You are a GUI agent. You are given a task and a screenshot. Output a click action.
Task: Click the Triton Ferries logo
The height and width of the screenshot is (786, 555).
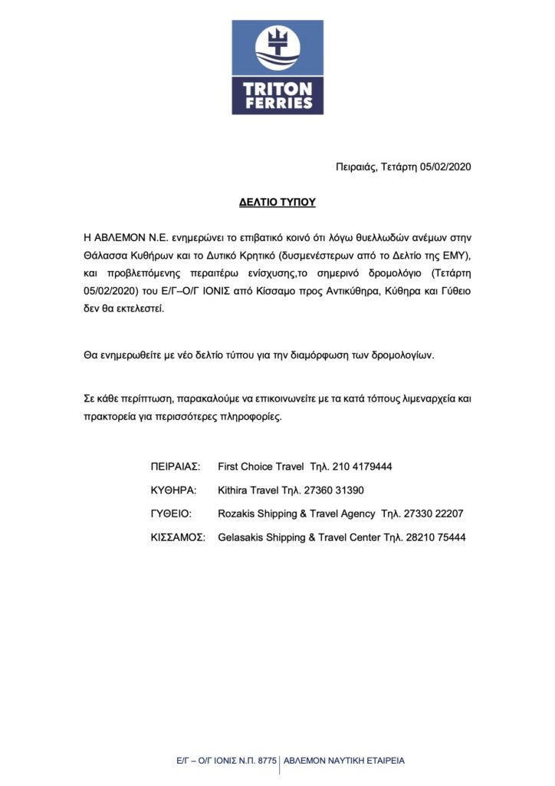[277, 68]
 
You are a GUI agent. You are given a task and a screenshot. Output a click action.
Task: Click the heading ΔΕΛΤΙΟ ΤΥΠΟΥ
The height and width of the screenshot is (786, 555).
[277, 203]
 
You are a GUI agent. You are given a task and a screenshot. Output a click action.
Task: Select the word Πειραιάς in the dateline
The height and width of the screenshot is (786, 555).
[356, 167]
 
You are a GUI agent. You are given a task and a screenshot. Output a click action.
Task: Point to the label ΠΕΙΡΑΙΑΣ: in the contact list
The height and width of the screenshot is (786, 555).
[176, 467]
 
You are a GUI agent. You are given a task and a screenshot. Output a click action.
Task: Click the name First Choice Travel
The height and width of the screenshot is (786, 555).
[261, 467]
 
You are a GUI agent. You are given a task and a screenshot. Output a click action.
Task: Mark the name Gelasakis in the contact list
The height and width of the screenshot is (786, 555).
[242, 538]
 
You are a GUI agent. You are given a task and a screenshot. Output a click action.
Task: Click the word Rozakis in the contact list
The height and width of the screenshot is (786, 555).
[236, 514]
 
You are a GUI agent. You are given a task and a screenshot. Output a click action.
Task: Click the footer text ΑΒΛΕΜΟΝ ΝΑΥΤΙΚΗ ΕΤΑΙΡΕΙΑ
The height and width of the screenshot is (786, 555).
[344, 761]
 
